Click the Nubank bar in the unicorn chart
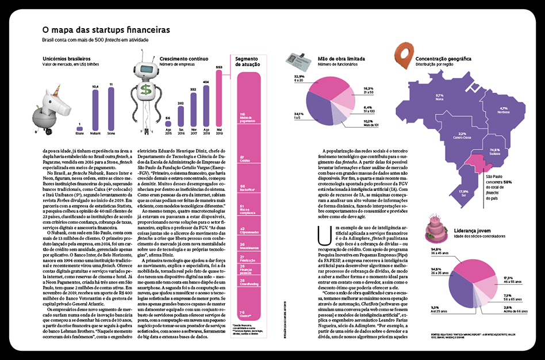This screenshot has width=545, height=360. click(95, 111)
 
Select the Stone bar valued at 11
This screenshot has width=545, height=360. click(111, 110)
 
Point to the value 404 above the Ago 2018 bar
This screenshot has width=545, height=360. click(206, 82)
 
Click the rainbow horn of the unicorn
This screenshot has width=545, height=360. click(57, 86)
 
